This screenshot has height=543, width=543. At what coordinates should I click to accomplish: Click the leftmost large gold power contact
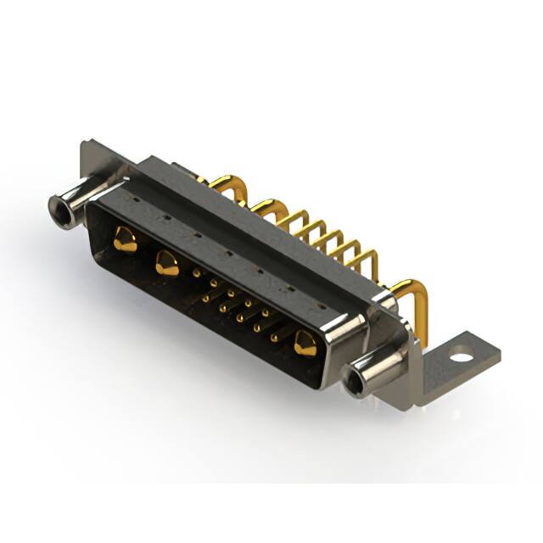(125, 241)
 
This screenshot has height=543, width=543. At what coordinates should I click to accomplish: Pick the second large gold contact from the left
(167, 266)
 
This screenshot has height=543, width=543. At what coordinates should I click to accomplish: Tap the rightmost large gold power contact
(305, 344)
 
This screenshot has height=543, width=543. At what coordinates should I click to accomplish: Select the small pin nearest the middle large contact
(197, 273)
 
